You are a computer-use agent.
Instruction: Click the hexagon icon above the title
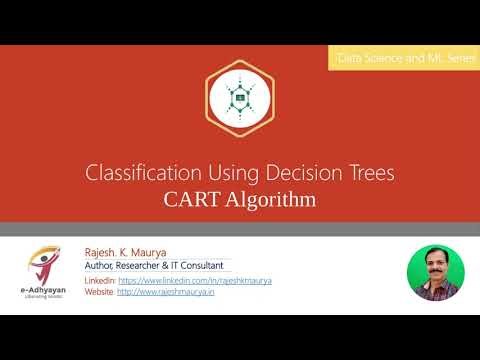[240, 97]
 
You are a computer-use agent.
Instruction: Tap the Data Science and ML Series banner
[403, 60]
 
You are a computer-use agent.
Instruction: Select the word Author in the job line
[104, 267]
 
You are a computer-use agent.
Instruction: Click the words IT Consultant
[206, 267]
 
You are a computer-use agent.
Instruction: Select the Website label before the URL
[100, 292]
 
